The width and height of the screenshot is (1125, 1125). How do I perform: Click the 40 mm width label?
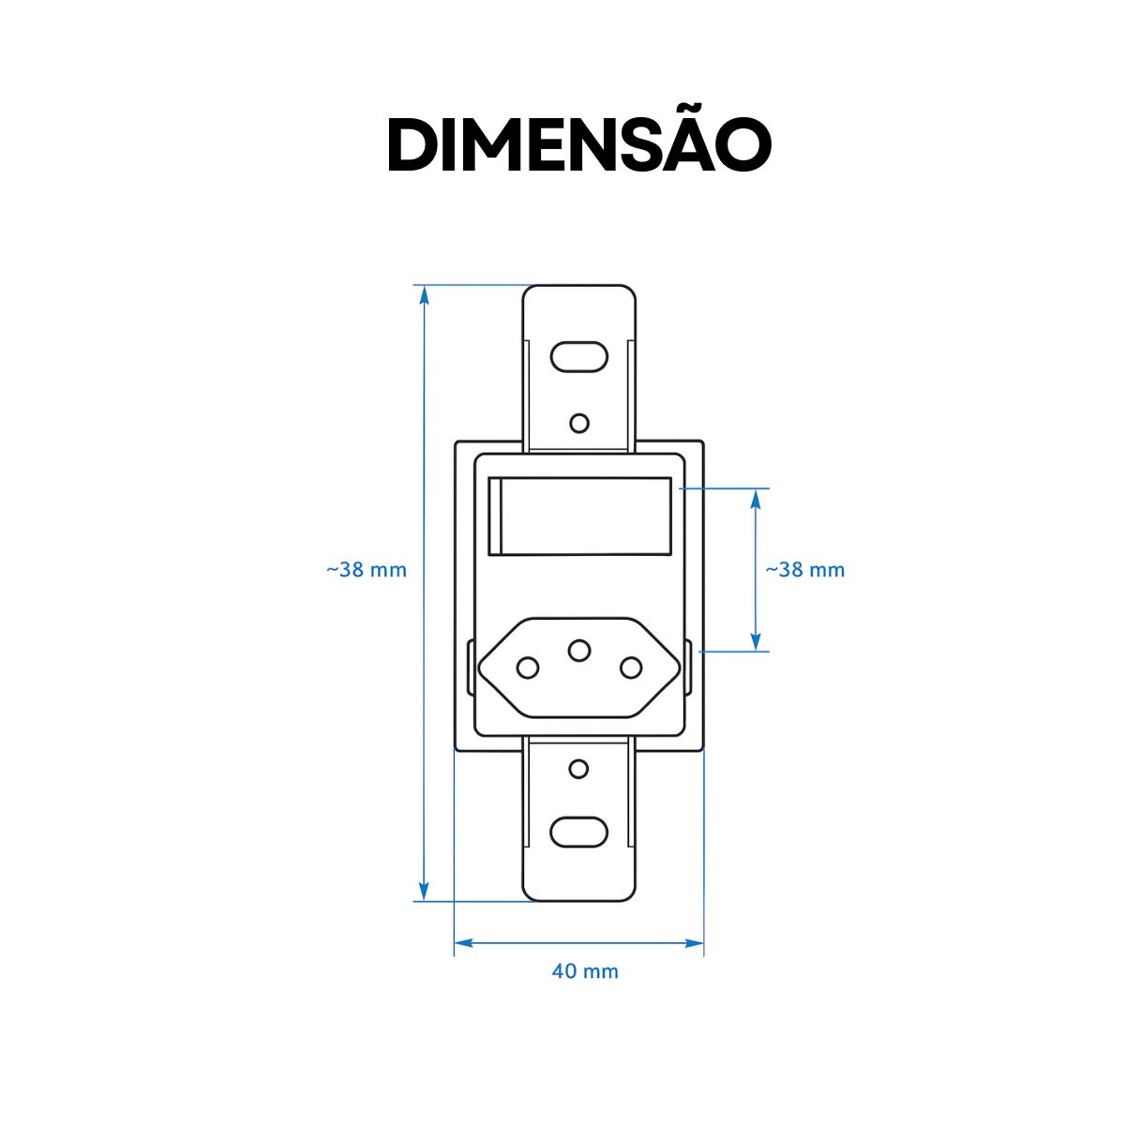[585, 971]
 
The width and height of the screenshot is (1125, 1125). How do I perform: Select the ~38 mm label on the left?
[367, 569]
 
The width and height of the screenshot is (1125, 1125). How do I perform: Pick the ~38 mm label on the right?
[805, 569]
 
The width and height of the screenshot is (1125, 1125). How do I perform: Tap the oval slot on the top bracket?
[579, 357]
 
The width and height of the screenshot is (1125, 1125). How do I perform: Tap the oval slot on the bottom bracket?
[578, 831]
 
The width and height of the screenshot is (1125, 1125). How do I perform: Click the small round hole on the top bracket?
[579, 423]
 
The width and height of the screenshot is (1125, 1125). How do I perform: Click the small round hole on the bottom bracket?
[578, 770]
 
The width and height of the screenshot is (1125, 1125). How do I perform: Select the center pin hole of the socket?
[579, 649]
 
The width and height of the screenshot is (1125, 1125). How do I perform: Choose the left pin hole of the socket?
[528, 667]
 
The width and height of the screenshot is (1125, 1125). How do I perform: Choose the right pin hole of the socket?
[631, 667]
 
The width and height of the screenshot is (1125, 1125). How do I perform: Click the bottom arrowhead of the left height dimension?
[424, 892]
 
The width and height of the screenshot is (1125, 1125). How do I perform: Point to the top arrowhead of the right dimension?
[756, 498]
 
